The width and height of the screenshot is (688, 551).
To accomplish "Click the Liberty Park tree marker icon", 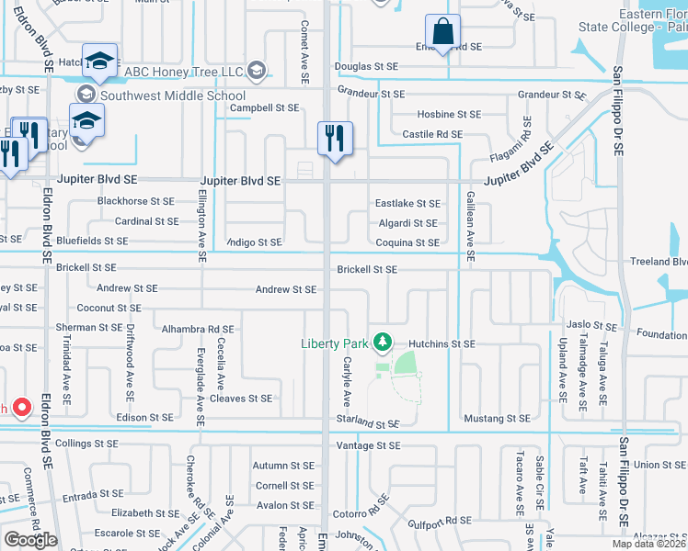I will click(382, 344).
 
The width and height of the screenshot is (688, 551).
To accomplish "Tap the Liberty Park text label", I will click(335, 344).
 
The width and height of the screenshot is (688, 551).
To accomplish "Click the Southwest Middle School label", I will click(173, 96).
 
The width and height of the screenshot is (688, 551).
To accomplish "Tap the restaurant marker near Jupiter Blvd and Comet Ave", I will click(332, 139).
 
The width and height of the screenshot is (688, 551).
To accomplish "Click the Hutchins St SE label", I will click(441, 343).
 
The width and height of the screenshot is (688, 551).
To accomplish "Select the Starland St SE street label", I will click(365, 424).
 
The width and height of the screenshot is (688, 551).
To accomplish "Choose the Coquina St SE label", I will click(407, 242).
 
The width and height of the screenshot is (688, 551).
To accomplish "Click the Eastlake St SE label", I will click(407, 203).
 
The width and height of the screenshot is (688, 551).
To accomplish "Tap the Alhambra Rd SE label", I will click(198, 328).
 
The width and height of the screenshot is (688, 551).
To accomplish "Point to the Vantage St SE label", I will click(369, 445).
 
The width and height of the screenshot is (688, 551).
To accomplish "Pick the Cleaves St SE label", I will click(241, 399).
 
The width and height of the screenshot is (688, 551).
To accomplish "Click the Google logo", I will click(30, 539).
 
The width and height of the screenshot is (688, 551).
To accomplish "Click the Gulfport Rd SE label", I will click(446, 522).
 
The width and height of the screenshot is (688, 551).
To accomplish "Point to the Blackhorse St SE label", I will click(135, 201).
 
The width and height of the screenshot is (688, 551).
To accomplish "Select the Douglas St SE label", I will click(366, 66).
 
